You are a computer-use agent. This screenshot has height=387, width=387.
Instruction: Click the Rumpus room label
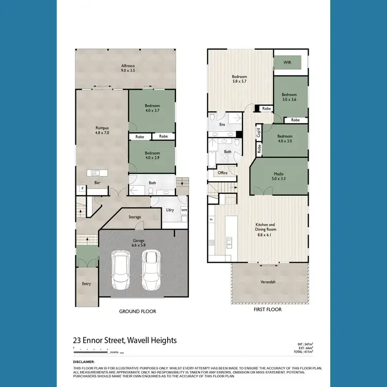coord(102,130)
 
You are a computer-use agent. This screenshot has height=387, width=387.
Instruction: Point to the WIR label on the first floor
coord(287,62)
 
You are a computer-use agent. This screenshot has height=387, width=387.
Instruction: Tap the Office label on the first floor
coord(222,173)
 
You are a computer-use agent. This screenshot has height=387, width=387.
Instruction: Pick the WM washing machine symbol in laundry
coord(184,210)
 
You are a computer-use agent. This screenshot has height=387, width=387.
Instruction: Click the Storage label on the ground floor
coord(135,217)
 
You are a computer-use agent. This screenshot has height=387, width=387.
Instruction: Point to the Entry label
coord(86,284)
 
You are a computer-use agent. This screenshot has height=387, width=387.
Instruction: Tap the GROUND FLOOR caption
coord(137,312)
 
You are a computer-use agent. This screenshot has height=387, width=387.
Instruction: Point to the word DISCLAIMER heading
coord(84,362)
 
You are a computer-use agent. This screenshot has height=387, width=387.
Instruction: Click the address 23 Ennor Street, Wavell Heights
coord(124,341)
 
